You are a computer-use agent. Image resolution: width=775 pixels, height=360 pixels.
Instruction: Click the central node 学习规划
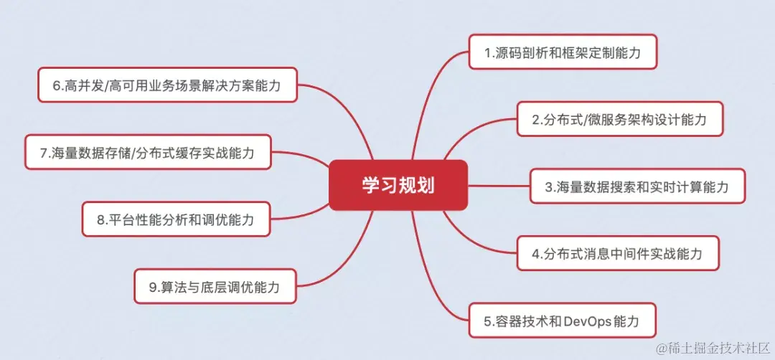[x=398, y=185]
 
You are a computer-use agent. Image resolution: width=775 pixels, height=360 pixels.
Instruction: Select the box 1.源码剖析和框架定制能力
[x=563, y=52]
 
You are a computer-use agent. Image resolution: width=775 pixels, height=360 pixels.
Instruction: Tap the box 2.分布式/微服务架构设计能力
[x=619, y=119]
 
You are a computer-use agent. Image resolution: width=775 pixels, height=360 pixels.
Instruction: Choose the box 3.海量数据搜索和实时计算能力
[x=637, y=186]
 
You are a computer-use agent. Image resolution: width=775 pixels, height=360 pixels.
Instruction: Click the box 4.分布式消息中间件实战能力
[x=617, y=253]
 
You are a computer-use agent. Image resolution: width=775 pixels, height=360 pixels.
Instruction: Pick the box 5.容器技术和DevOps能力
[x=563, y=321]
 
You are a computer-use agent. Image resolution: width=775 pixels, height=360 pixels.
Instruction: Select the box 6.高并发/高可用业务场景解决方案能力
[x=166, y=85]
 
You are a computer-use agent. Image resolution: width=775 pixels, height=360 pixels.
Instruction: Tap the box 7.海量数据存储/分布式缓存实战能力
[x=147, y=152]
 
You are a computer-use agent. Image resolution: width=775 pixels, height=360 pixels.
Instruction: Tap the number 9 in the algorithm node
[x=153, y=288]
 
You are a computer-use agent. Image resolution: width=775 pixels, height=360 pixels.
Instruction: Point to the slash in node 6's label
[x=109, y=86]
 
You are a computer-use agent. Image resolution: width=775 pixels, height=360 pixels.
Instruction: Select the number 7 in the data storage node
[x=44, y=153]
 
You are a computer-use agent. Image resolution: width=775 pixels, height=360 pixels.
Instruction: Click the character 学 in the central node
[x=370, y=185]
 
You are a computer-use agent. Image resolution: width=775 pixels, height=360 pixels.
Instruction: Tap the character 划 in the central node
[x=426, y=185]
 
